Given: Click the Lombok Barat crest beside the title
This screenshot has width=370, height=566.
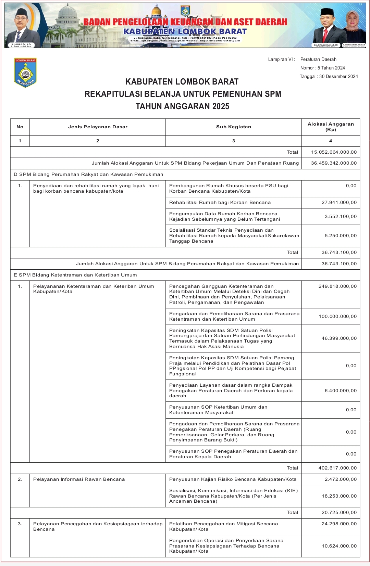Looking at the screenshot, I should point(25,73).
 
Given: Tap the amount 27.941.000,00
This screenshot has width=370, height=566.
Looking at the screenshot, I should point(339,203).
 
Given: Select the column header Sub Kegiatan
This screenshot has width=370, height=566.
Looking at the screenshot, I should point(233,127).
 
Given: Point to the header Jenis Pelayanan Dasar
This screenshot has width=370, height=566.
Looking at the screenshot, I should point(98,127).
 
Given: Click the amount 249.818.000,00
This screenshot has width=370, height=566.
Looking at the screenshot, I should point(337,286).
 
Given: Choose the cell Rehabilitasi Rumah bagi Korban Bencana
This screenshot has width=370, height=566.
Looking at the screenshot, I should point(220,203).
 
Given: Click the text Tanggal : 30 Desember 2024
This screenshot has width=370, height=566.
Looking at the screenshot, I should point(329,77).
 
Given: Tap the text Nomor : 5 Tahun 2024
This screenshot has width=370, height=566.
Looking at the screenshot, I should point(322,68).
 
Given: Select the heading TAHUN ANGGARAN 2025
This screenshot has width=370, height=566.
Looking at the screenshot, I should point(182,106).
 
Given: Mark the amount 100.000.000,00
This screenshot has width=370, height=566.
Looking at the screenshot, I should point(337,317).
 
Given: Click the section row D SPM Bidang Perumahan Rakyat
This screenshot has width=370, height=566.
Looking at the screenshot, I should point(88,175).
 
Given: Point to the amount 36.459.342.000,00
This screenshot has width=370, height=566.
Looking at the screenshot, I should point(334,163).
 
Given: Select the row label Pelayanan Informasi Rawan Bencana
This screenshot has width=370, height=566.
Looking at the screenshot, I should point(79,479).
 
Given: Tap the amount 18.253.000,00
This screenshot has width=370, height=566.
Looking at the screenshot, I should point(339,496).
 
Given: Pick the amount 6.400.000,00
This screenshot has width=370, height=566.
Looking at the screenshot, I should point(341,391).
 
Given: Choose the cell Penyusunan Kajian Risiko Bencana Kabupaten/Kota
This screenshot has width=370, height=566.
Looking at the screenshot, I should point(233,479).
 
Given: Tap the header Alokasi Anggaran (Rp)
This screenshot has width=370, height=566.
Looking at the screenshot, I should point(331,127).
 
